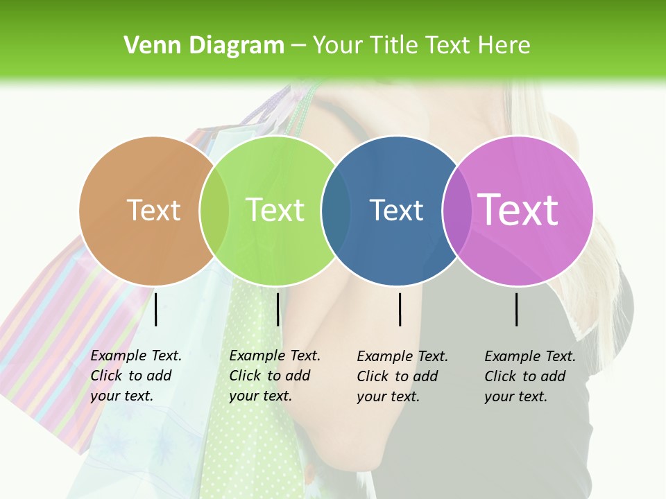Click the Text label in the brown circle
(x=153, y=210)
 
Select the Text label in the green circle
(x=275, y=210)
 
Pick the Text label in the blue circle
(x=396, y=210)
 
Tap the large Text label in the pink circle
(x=518, y=210)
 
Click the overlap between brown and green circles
(x=214, y=211)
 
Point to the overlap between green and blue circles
(x=336, y=211)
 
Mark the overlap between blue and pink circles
(x=456, y=211)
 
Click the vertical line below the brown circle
(x=156, y=309)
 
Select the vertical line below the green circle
(x=277, y=309)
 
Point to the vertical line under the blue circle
(x=400, y=309)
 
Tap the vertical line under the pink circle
(x=517, y=309)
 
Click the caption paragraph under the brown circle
(x=135, y=376)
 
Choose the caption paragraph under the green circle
(x=274, y=376)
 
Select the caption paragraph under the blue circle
(x=402, y=376)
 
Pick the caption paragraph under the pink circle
(x=529, y=376)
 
